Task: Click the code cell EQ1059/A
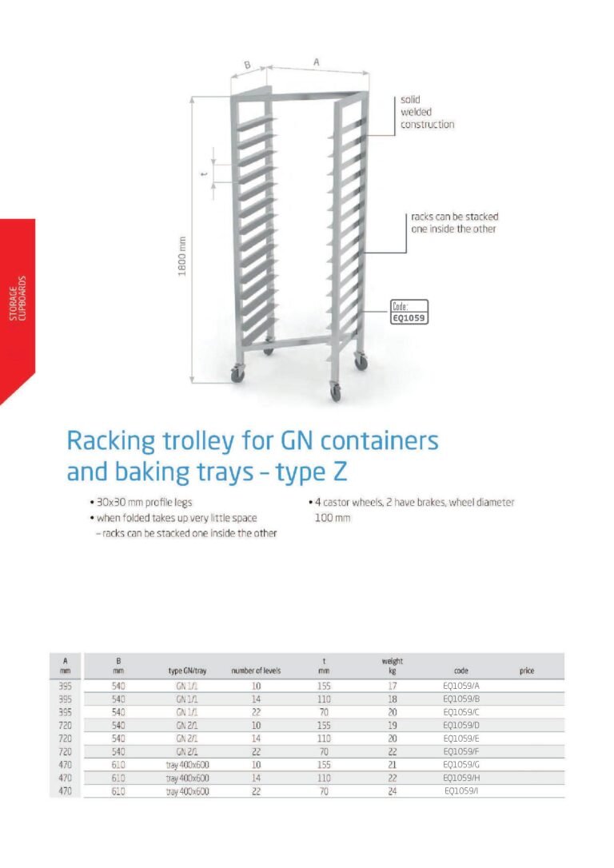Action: (460, 686)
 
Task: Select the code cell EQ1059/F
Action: (460, 752)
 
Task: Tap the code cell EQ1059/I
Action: (461, 791)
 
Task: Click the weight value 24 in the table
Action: (393, 791)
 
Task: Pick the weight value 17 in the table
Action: (393, 686)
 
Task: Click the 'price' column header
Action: (527, 671)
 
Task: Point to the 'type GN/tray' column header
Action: (188, 671)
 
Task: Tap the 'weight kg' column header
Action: (393, 666)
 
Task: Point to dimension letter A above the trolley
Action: (317, 61)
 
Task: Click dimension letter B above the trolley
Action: (247, 65)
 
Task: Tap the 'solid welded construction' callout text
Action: (427, 113)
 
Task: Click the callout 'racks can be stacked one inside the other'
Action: (454, 223)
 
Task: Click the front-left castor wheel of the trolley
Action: (237, 374)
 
